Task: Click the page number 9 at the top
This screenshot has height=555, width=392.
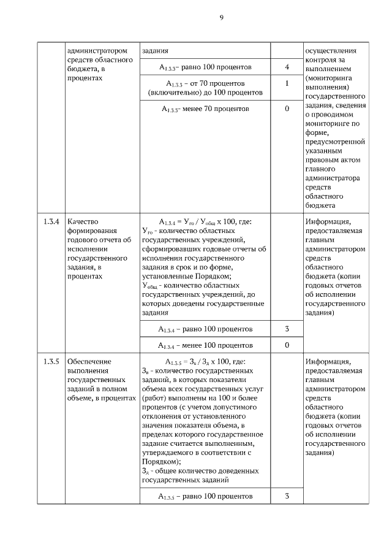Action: pos(221,18)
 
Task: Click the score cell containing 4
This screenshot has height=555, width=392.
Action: pos(287,67)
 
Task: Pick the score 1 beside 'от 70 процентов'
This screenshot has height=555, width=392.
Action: pos(287,83)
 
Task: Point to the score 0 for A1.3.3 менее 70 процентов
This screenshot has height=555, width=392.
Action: pos(287,109)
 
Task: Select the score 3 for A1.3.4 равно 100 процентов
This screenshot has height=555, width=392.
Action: pos(287,329)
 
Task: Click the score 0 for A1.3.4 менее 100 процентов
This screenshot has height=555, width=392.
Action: pos(287,345)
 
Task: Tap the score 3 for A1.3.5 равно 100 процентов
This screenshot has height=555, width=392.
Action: pos(287,496)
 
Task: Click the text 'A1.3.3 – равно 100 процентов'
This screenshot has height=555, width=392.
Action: pos(205,67)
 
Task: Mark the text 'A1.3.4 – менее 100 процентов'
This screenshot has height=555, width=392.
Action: pos(205,345)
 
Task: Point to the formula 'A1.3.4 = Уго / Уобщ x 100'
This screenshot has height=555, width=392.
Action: pos(205,221)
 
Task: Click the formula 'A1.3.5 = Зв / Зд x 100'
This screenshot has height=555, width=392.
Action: pos(205,361)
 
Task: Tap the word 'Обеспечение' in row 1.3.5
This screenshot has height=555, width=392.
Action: pos(89,361)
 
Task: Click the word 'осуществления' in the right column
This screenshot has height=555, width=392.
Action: pos(330,50)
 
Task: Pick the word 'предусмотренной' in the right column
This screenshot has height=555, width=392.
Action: pos(334,142)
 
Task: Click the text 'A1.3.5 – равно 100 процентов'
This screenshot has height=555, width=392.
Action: pos(205,496)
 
